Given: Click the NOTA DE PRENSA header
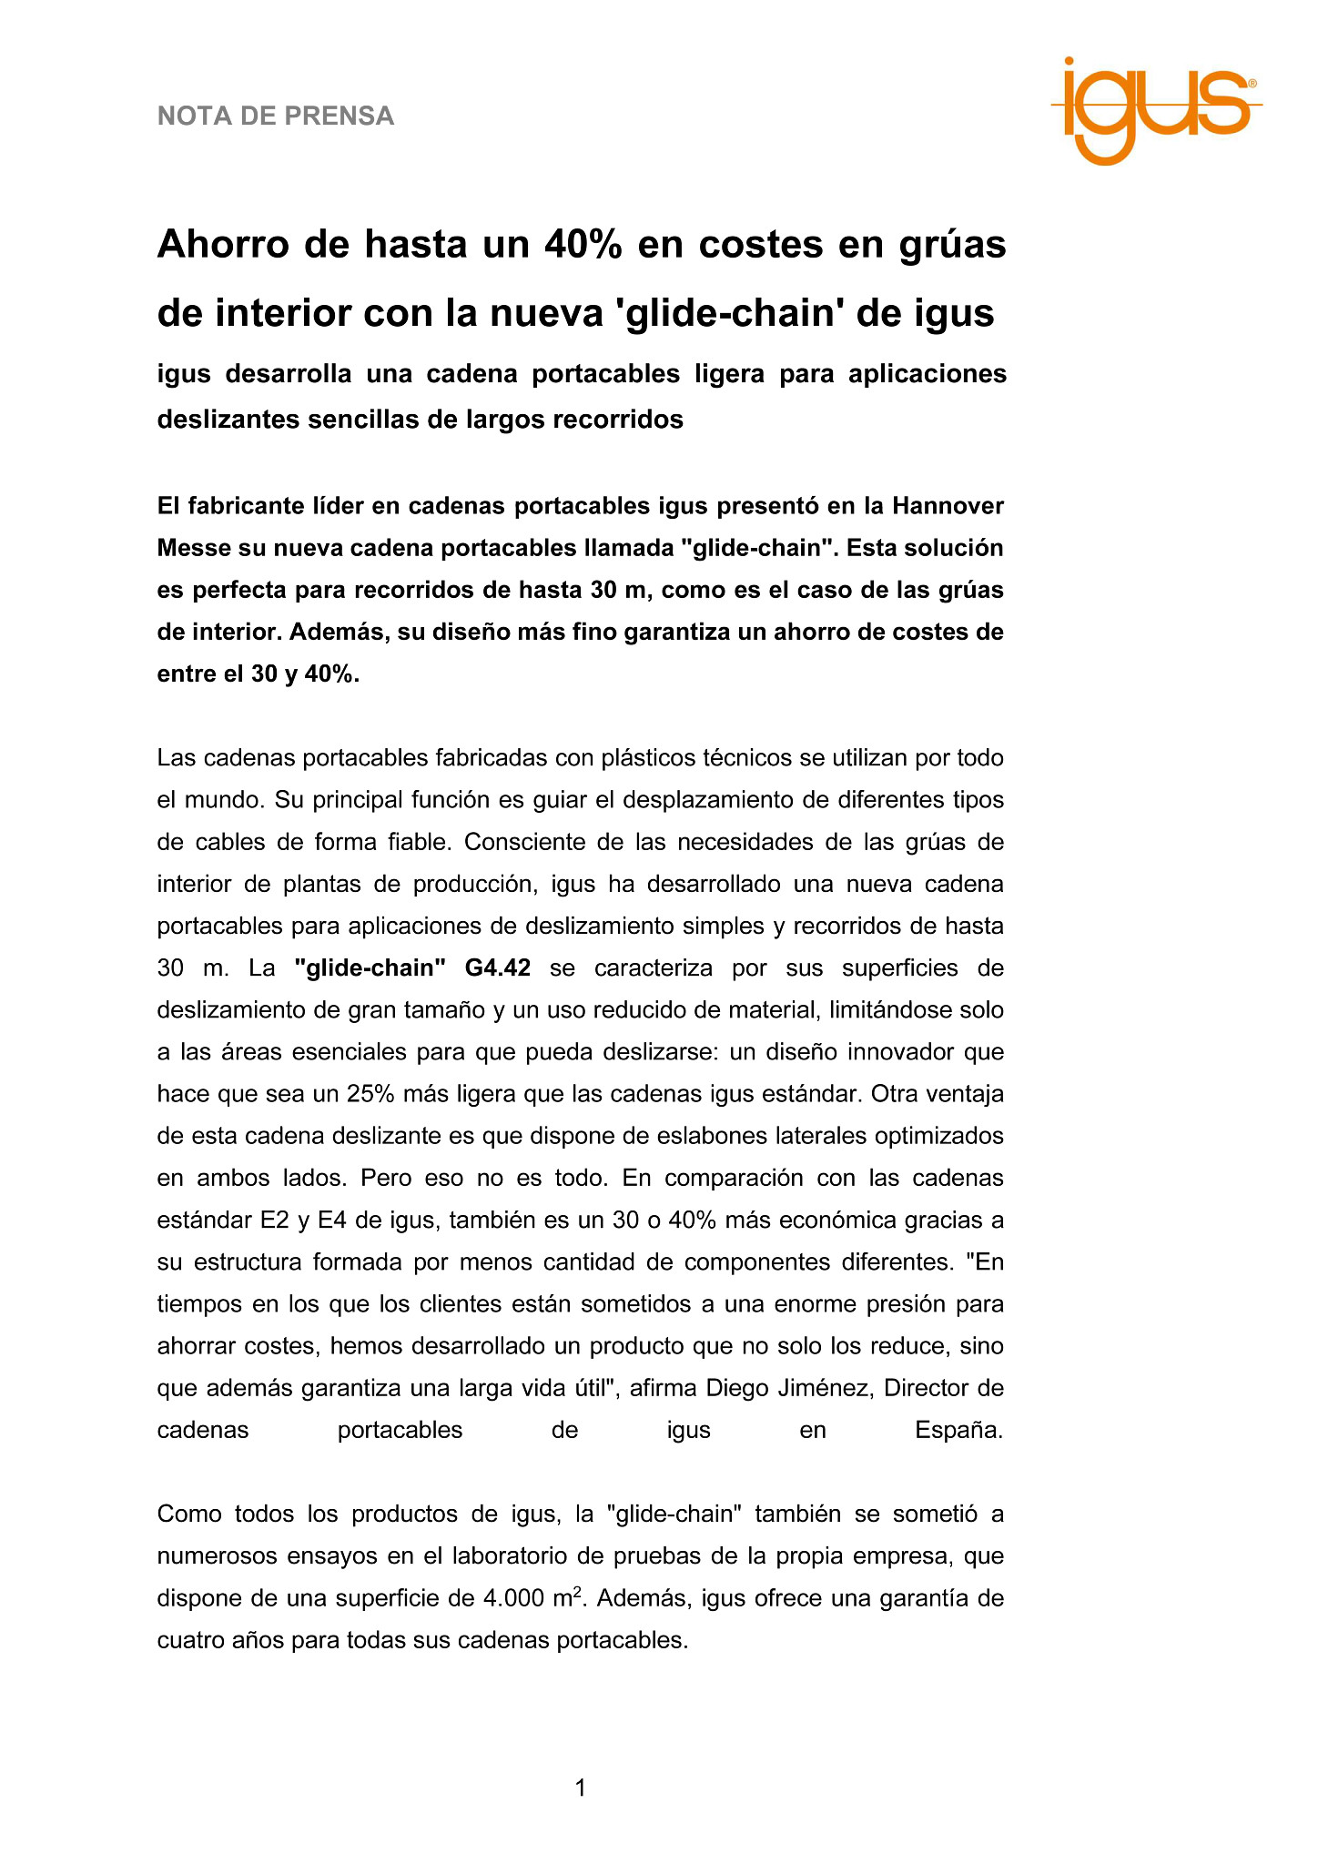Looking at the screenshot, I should click(x=276, y=116).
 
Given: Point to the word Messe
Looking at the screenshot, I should click(x=193, y=548).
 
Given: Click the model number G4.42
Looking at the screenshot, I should click(x=497, y=967).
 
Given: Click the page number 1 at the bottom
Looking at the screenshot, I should click(x=581, y=1789).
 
